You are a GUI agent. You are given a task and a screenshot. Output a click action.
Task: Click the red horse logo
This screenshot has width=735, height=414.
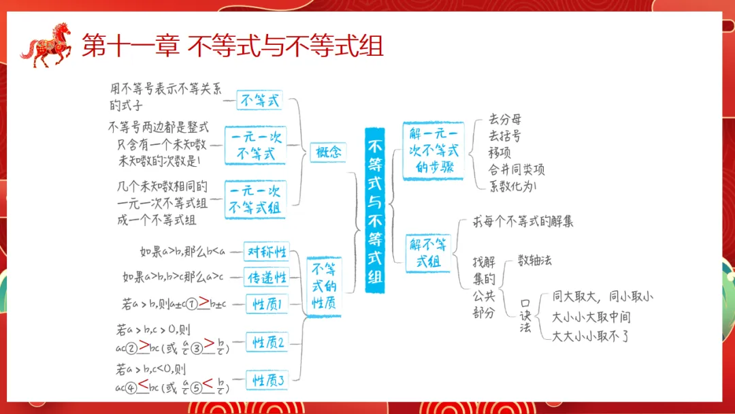pos(46,46)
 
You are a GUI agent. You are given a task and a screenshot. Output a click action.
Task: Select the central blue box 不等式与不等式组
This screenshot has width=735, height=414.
pos(375,211)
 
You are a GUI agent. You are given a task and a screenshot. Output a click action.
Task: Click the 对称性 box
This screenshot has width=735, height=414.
pos(266,251)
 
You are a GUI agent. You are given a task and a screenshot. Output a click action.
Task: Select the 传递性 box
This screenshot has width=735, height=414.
pos(266,277)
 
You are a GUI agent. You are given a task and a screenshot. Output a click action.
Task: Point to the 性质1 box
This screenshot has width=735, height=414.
pos(267,303)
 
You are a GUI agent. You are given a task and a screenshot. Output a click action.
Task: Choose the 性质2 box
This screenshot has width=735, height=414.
pos(267,342)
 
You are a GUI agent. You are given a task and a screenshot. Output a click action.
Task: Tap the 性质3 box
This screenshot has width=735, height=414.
pos(267,380)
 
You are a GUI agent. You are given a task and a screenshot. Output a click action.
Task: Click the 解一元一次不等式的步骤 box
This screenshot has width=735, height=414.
pos(434,150)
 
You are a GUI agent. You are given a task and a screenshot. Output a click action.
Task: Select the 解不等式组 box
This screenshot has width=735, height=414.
pos(429,252)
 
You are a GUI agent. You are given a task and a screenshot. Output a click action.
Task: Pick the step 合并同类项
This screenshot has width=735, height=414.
pos(517,169)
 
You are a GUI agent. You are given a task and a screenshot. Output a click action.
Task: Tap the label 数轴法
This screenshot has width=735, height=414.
pos(535,260)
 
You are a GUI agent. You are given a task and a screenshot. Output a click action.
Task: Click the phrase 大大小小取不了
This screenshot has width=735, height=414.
pos(591,336)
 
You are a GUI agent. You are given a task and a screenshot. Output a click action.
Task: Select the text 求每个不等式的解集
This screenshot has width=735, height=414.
pos(523,222)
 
